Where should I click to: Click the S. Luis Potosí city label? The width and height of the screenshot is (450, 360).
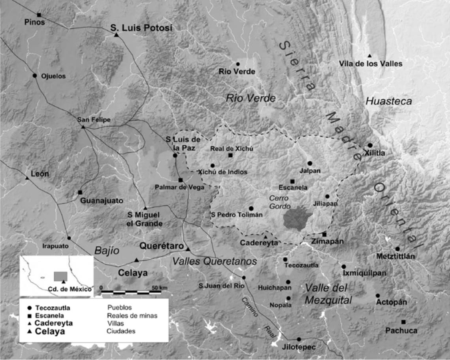(141, 28)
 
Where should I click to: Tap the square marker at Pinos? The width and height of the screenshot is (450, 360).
(39, 15)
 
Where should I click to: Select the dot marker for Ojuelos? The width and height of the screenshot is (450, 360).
(35, 75)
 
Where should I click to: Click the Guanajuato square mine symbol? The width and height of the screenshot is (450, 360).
(80, 192)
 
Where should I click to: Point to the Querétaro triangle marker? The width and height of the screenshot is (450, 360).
(188, 249)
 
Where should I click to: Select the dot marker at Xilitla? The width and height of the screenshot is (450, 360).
(370, 145)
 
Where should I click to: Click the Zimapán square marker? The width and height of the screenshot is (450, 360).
(324, 234)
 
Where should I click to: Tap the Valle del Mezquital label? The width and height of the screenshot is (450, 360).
(328, 294)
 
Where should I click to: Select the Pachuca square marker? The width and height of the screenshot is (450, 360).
(403, 322)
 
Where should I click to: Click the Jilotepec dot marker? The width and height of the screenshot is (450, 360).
(299, 339)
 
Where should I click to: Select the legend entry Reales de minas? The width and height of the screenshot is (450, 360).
(132, 315)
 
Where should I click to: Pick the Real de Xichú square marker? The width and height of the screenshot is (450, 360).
(230, 155)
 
